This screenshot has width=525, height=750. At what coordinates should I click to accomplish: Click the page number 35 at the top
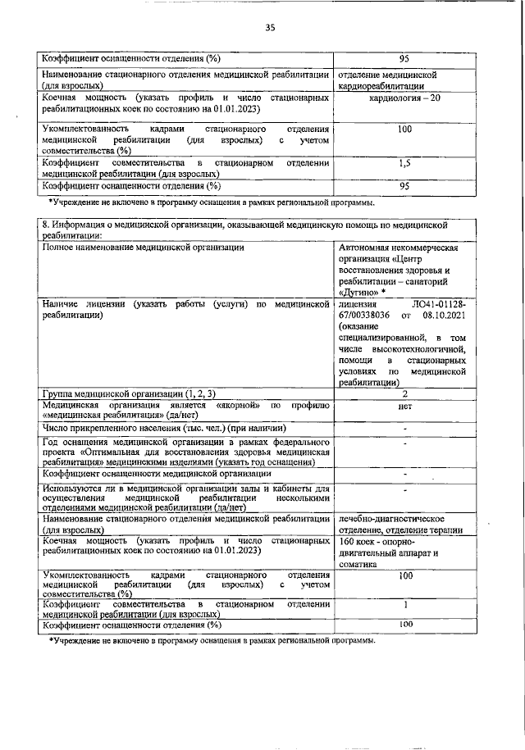point(270,28)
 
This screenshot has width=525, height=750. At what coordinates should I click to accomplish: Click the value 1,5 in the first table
point(404,164)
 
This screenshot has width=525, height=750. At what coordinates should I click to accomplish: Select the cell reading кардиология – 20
point(404,98)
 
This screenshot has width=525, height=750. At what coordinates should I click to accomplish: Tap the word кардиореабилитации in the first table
point(381,85)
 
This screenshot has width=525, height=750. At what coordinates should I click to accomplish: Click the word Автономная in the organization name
point(367,247)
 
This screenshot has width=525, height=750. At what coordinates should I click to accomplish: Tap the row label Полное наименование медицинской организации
point(143,247)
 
